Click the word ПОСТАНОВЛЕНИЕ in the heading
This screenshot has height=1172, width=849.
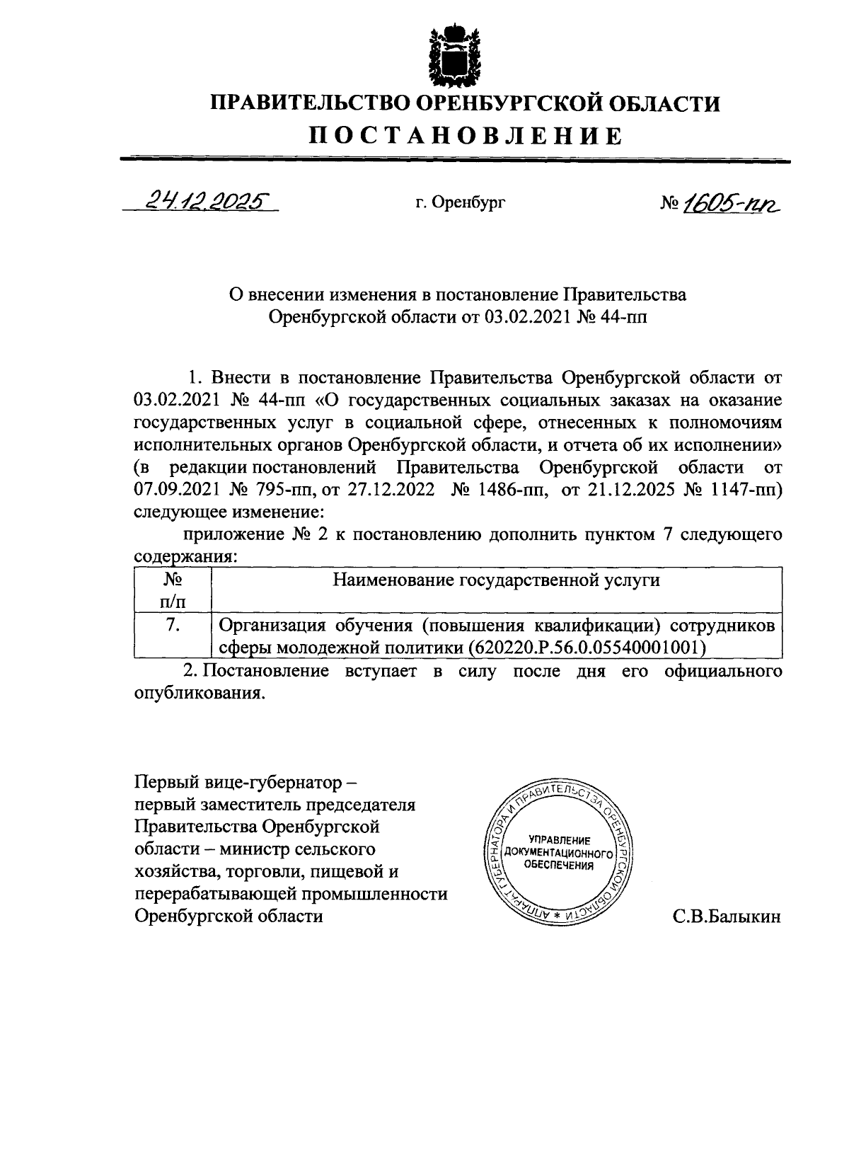pos(466,135)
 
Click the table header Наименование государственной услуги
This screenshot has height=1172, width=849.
pos(496,580)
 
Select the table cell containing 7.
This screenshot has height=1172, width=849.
pos(173,625)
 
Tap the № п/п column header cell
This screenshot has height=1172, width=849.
pos(173,591)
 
